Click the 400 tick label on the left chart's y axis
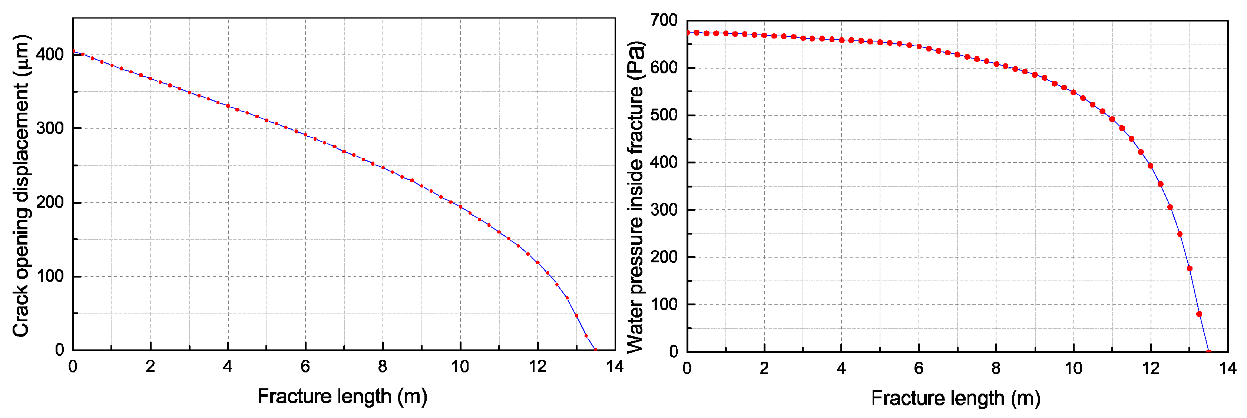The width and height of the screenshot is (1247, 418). click(x=50, y=55)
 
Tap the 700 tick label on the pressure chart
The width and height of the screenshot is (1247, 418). click(x=664, y=20)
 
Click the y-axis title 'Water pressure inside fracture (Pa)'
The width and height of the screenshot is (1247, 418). click(x=635, y=198)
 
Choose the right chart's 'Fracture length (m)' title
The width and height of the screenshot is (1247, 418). click(x=956, y=398)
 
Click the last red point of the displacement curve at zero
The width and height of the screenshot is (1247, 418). click(x=595, y=350)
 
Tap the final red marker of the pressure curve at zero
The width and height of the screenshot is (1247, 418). click(x=1209, y=352)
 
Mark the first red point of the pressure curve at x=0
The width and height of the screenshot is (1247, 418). click(x=687, y=32)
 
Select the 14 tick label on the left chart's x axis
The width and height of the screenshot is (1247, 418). click(x=615, y=367)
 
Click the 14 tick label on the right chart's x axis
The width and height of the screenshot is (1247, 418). click(x=1228, y=369)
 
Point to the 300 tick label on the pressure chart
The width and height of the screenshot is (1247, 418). click(x=664, y=210)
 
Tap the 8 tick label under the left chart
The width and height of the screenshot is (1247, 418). click(x=383, y=367)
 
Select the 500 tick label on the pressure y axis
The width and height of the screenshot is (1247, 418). click(x=664, y=115)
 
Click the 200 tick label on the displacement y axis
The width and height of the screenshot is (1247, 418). click(x=50, y=202)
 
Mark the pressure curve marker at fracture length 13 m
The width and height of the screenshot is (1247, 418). click(x=1190, y=269)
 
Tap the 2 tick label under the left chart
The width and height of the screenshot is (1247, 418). click(x=150, y=367)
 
